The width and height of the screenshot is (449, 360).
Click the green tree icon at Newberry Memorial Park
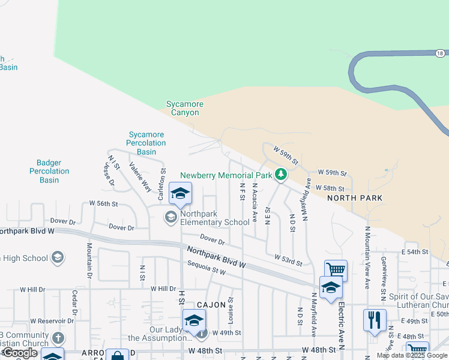(x=280, y=175)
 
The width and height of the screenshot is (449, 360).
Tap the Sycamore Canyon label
(x=184, y=108)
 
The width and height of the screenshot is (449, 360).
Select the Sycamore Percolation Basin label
(x=146, y=143)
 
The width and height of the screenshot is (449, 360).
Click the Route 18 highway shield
(x=440, y=53)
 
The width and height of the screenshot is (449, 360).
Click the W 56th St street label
(x=103, y=204)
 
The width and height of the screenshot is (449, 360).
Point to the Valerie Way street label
(x=140, y=176)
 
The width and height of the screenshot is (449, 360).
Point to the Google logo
(x=20, y=353)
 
